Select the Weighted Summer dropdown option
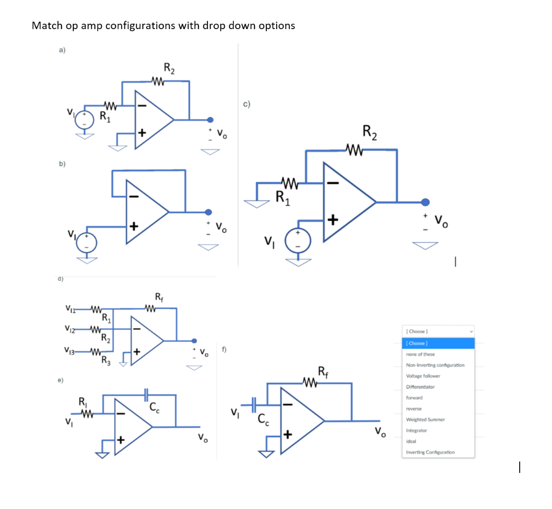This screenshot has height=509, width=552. point(425,419)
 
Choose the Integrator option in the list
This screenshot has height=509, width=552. point(416,430)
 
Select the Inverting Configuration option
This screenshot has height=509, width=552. point(430,452)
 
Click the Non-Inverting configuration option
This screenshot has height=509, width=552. point(434,365)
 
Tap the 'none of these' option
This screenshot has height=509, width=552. point(420,354)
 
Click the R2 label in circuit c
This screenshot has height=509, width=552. point(370,131)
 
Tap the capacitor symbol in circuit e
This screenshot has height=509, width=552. point(146,395)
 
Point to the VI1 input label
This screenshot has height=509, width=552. point(70,309)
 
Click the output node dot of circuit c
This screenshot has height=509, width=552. point(425,202)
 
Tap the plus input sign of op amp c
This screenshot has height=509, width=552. point(332,220)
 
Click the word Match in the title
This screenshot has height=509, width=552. point(47,25)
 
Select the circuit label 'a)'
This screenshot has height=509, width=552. point(63,51)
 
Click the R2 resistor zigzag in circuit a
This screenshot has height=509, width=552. point(158,82)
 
